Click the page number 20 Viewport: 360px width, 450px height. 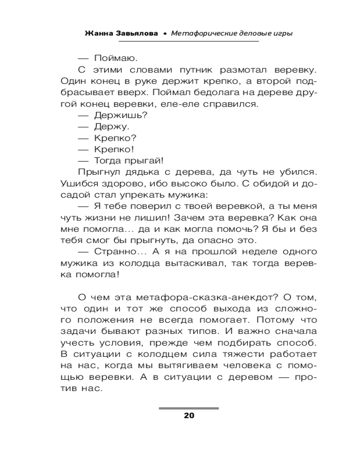(x=189, y=415)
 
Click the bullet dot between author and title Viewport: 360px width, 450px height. (x=165, y=34)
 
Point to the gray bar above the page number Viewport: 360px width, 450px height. (x=189, y=408)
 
